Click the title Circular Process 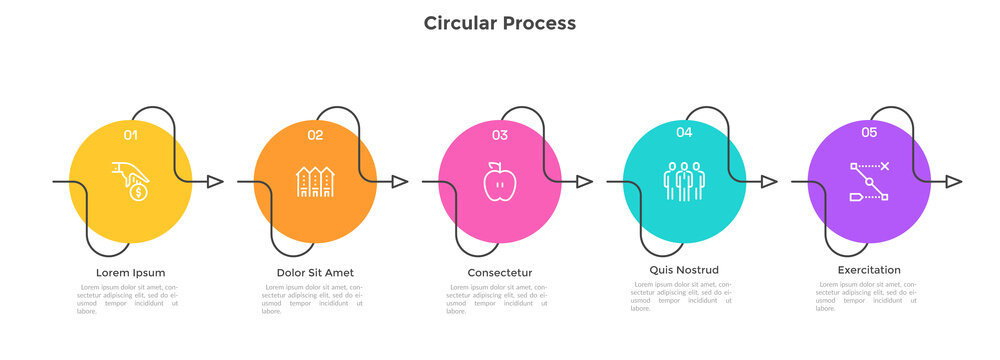[499, 22]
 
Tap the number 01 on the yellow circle [131, 134]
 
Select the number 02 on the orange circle [315, 135]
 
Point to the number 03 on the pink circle [499, 135]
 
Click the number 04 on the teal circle [684, 131]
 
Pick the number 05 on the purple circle [869, 131]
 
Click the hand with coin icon [131, 181]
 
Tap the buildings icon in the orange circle [315, 181]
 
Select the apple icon [499, 182]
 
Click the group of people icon [684, 181]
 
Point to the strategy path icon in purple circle [869, 182]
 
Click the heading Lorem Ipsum [131, 272]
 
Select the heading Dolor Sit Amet [315, 272]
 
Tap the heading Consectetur [499, 272]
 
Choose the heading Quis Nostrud [684, 269]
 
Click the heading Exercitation [869, 269]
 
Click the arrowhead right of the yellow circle [215, 182]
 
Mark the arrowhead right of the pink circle [585, 182]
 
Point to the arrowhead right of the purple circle [954, 182]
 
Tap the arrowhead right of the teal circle [769, 182]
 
